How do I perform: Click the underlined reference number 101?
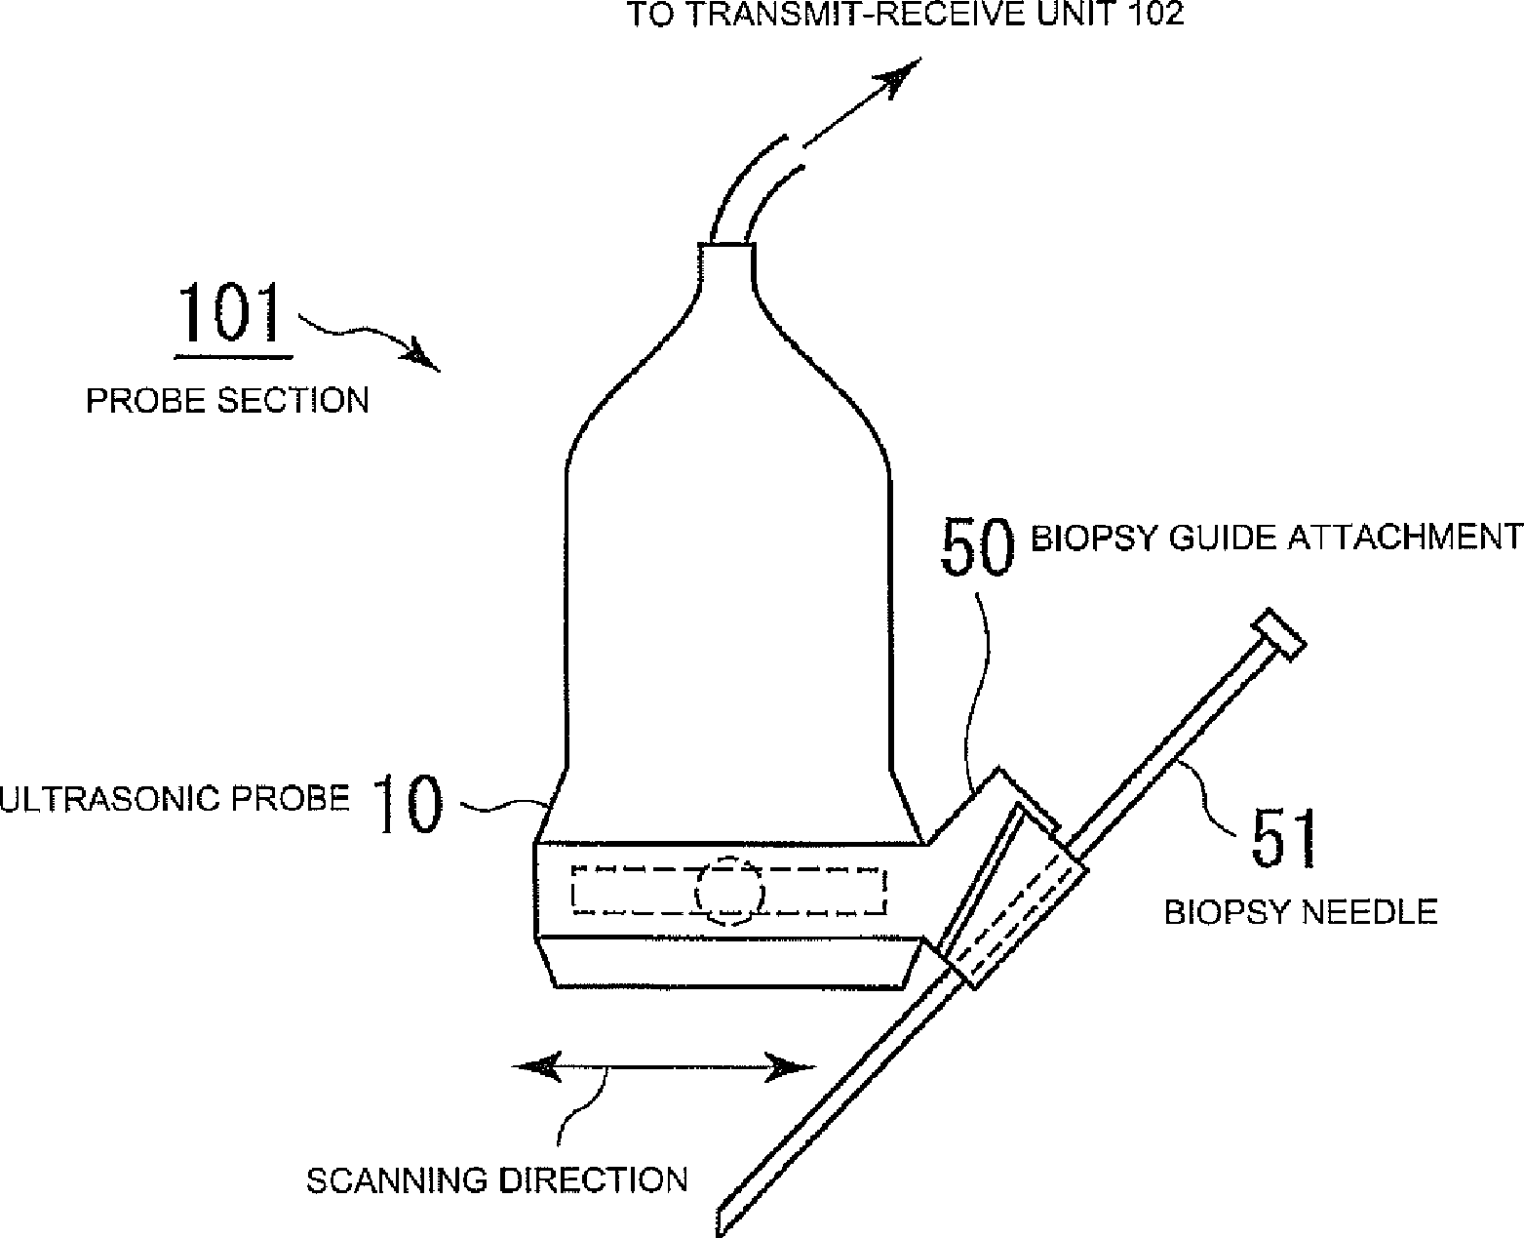click(230, 314)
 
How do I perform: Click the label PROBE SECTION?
click(228, 400)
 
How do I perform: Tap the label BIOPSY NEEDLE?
click(1302, 912)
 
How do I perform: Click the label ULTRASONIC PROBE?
click(176, 798)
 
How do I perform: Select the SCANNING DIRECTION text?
click(497, 1180)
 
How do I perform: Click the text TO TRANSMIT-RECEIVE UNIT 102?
click(904, 15)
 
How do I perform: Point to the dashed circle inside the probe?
click(729, 890)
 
